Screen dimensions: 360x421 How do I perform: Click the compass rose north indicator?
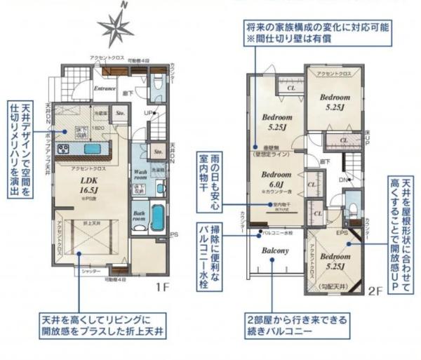coord(115,26)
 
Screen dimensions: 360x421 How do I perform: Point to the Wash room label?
coord(140,174)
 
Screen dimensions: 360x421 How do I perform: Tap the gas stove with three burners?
coord(62,149)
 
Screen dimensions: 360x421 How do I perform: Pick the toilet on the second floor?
coord(352,211)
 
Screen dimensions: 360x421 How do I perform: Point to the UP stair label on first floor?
coord(148,112)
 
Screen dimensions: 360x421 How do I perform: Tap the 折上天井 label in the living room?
coord(88,222)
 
